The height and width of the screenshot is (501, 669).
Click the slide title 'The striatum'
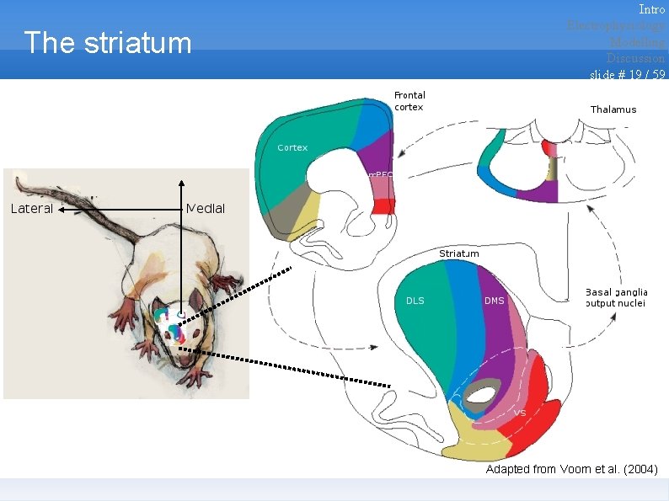click(108, 43)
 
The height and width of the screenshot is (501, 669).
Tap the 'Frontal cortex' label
click(409, 101)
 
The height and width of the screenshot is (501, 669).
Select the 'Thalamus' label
click(613, 109)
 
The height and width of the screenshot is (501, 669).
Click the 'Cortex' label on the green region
click(292, 147)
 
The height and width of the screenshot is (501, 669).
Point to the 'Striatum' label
click(459, 253)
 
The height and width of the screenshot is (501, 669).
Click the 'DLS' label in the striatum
click(415, 301)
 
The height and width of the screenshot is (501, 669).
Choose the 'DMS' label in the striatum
click(495, 301)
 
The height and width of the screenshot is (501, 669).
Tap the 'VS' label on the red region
click(520, 413)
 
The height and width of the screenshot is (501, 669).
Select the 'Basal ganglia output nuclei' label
click(617, 297)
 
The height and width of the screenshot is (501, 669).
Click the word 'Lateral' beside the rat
click(32, 208)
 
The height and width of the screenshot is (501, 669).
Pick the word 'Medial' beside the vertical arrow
click(206, 208)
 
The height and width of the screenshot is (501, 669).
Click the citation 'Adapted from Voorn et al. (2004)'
click(571, 469)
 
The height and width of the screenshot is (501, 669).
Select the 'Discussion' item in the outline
click(635, 58)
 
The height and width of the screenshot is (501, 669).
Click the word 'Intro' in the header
click(651, 9)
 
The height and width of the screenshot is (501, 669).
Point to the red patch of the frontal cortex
click(383, 206)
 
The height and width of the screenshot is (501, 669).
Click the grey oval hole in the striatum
click(483, 393)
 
